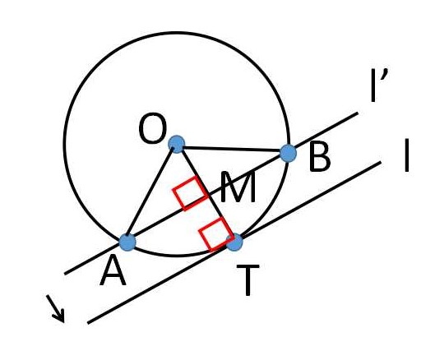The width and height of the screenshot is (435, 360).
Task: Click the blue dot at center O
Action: (177, 144)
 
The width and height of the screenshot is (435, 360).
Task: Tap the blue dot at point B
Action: (289, 153)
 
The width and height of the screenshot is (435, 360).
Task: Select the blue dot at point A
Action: (127, 242)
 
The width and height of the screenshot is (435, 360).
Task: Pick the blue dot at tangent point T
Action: (234, 242)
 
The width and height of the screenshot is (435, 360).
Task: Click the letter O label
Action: (153, 129)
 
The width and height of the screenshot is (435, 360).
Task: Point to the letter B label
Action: (319, 156)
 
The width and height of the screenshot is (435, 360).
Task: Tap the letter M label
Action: (238, 187)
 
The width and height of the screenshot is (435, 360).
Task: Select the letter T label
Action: (248, 280)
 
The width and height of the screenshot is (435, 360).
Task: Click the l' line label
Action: (379, 85)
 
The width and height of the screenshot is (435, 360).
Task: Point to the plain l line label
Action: (406, 155)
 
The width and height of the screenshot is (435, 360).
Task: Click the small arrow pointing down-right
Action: (55, 309)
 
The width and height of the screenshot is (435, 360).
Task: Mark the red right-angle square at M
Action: (191, 193)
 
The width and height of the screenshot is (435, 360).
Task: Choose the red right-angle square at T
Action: (216, 234)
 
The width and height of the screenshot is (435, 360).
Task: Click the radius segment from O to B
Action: (233, 149)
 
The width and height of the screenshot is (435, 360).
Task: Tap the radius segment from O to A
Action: (152, 193)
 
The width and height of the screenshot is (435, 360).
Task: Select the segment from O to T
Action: (206, 193)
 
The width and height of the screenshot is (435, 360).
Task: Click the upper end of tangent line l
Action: (381, 162)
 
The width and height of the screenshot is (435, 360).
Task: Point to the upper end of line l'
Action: (358, 113)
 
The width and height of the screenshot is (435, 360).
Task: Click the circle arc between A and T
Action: (178, 256)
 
